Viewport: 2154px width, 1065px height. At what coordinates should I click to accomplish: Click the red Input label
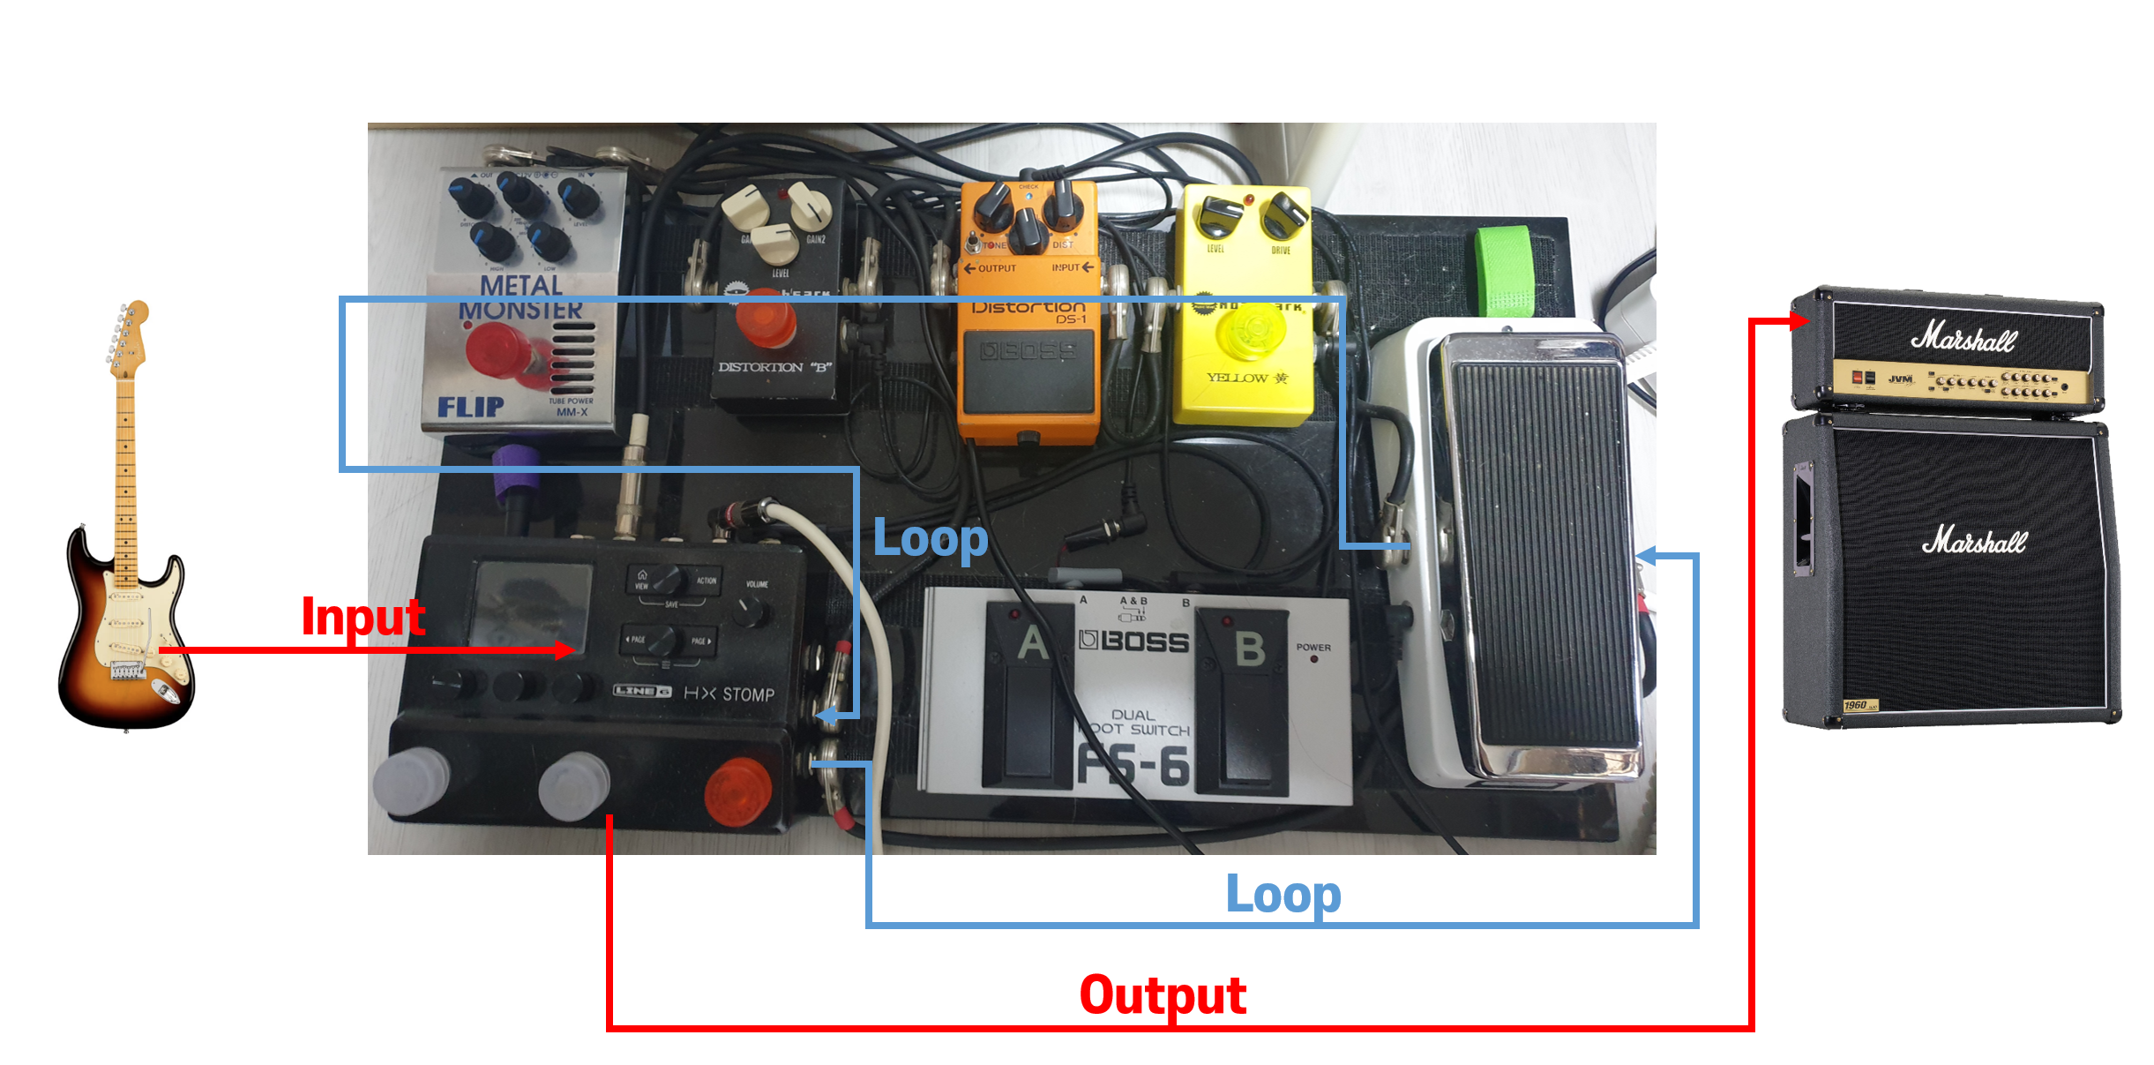pyautogui.click(x=363, y=617)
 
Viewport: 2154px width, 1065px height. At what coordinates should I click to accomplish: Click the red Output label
pyautogui.click(x=1163, y=995)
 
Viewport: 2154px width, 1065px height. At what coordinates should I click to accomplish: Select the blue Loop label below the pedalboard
pyautogui.click(x=1283, y=895)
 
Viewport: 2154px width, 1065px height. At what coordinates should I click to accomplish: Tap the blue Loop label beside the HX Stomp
pyautogui.click(x=930, y=538)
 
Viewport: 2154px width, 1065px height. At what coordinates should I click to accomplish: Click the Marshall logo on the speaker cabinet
pyautogui.click(x=1974, y=540)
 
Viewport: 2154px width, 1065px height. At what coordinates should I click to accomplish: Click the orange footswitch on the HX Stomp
pyautogui.click(x=738, y=790)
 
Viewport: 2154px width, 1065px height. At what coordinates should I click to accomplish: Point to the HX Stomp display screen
pyautogui.click(x=532, y=605)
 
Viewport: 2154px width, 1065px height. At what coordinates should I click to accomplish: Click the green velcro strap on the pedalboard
pyautogui.click(x=1506, y=269)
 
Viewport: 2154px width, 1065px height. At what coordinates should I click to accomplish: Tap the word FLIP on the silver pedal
pyautogui.click(x=471, y=407)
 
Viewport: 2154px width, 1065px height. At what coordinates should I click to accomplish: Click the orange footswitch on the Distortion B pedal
pyautogui.click(x=765, y=324)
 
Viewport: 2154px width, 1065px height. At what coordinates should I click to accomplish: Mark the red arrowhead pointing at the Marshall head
pyautogui.click(x=1799, y=320)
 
